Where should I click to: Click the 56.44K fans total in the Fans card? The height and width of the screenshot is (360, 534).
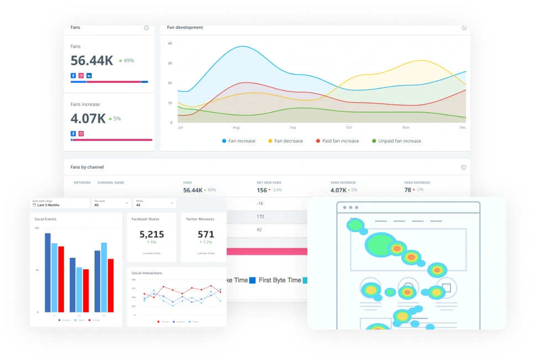(92, 60)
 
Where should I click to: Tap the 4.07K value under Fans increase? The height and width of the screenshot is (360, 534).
(88, 118)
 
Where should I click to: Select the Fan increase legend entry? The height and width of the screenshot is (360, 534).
(238, 141)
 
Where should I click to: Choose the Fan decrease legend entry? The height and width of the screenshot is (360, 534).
(285, 141)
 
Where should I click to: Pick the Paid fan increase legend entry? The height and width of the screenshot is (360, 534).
(337, 141)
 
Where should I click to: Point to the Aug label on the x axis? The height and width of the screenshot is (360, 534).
(236, 128)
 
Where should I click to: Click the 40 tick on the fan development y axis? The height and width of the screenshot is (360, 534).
(170, 43)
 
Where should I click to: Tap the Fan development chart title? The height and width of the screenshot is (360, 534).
(185, 27)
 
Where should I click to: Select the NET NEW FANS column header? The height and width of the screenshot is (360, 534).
(269, 182)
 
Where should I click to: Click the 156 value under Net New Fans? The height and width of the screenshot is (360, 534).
(261, 190)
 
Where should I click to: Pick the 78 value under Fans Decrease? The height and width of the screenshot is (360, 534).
(407, 190)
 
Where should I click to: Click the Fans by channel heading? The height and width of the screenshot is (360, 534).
(87, 167)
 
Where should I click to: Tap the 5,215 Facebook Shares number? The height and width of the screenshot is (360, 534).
(151, 234)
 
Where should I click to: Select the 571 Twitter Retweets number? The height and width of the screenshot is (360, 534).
(206, 234)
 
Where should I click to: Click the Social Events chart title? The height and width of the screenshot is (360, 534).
(45, 219)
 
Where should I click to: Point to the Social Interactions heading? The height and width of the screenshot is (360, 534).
(146, 273)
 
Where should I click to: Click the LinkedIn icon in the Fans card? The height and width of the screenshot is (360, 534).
(89, 75)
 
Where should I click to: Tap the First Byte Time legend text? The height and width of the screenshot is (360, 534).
(280, 280)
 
